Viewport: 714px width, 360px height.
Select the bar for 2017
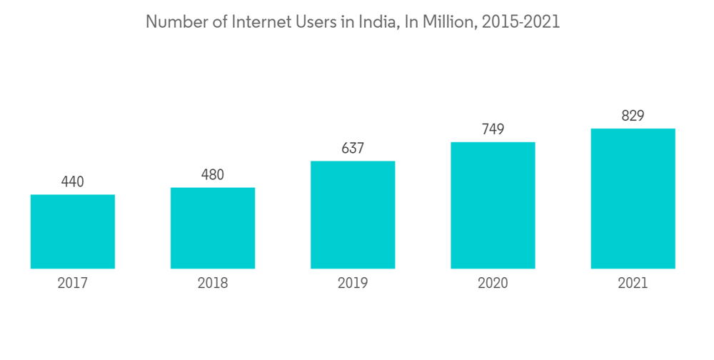(73, 231)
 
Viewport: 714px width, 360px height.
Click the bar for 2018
(213, 228)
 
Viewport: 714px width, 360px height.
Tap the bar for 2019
(353, 214)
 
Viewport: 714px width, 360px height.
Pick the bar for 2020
(493, 205)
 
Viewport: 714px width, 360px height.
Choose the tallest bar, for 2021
(633, 199)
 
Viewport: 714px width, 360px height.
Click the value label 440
(73, 182)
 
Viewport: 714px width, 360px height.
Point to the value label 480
(213, 175)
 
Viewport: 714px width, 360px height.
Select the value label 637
(353, 149)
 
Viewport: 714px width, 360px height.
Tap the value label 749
(493, 129)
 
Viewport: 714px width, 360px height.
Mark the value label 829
(633, 116)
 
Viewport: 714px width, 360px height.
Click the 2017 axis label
(73, 284)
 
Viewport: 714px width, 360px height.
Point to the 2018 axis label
(213, 284)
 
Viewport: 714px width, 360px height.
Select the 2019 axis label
(353, 284)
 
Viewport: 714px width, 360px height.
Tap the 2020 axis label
(493, 284)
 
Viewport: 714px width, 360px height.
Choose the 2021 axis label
(633, 284)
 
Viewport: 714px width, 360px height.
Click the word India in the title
(379, 22)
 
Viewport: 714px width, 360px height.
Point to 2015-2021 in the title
(521, 22)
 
